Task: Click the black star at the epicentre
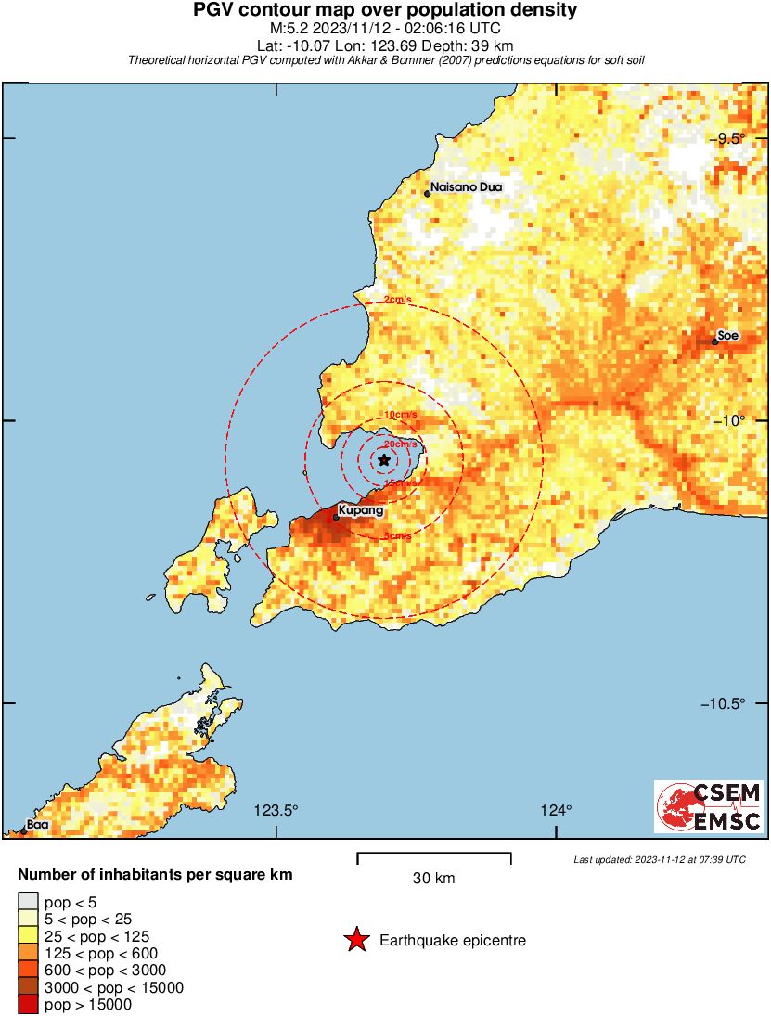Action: pyautogui.click(x=384, y=459)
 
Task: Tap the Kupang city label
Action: pyautogui.click(x=361, y=510)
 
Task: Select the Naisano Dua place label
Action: pyautogui.click(x=466, y=187)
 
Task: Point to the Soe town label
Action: pyautogui.click(x=728, y=336)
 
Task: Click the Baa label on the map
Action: pyautogui.click(x=37, y=824)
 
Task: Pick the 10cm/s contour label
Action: pyautogui.click(x=400, y=414)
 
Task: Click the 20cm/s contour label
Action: pyautogui.click(x=400, y=445)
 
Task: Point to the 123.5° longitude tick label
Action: pyautogui.click(x=276, y=811)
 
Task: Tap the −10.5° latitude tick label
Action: pyautogui.click(x=724, y=703)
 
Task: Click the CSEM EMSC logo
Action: pyautogui.click(x=709, y=806)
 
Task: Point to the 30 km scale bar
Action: pyautogui.click(x=434, y=855)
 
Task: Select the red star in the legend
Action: pyautogui.click(x=355, y=941)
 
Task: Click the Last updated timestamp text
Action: pyautogui.click(x=659, y=860)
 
